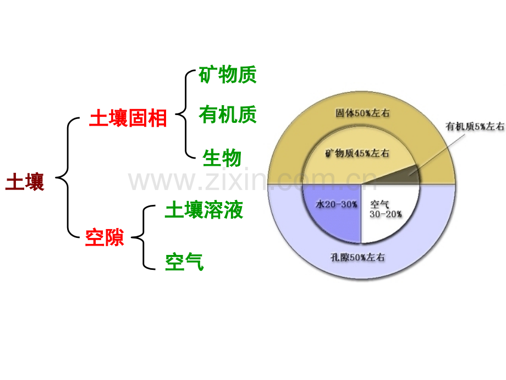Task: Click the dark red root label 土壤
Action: [x=25, y=182]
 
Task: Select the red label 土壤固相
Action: [x=128, y=118]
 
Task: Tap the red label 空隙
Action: [x=105, y=237]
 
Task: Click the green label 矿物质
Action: [x=228, y=75]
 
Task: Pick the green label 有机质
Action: [x=228, y=115]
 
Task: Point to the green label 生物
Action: [x=222, y=158]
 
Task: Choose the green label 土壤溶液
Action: [x=204, y=210]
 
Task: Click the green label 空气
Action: [x=184, y=262]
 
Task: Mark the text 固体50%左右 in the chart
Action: [x=362, y=113]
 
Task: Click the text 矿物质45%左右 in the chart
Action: [x=357, y=153]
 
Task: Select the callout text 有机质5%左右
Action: [x=475, y=126]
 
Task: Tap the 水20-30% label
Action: [x=336, y=204]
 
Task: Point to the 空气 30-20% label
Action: [x=386, y=209]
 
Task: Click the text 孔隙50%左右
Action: [x=358, y=257]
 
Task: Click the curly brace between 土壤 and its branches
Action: [x=68, y=177]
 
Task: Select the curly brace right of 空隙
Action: [x=144, y=237]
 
